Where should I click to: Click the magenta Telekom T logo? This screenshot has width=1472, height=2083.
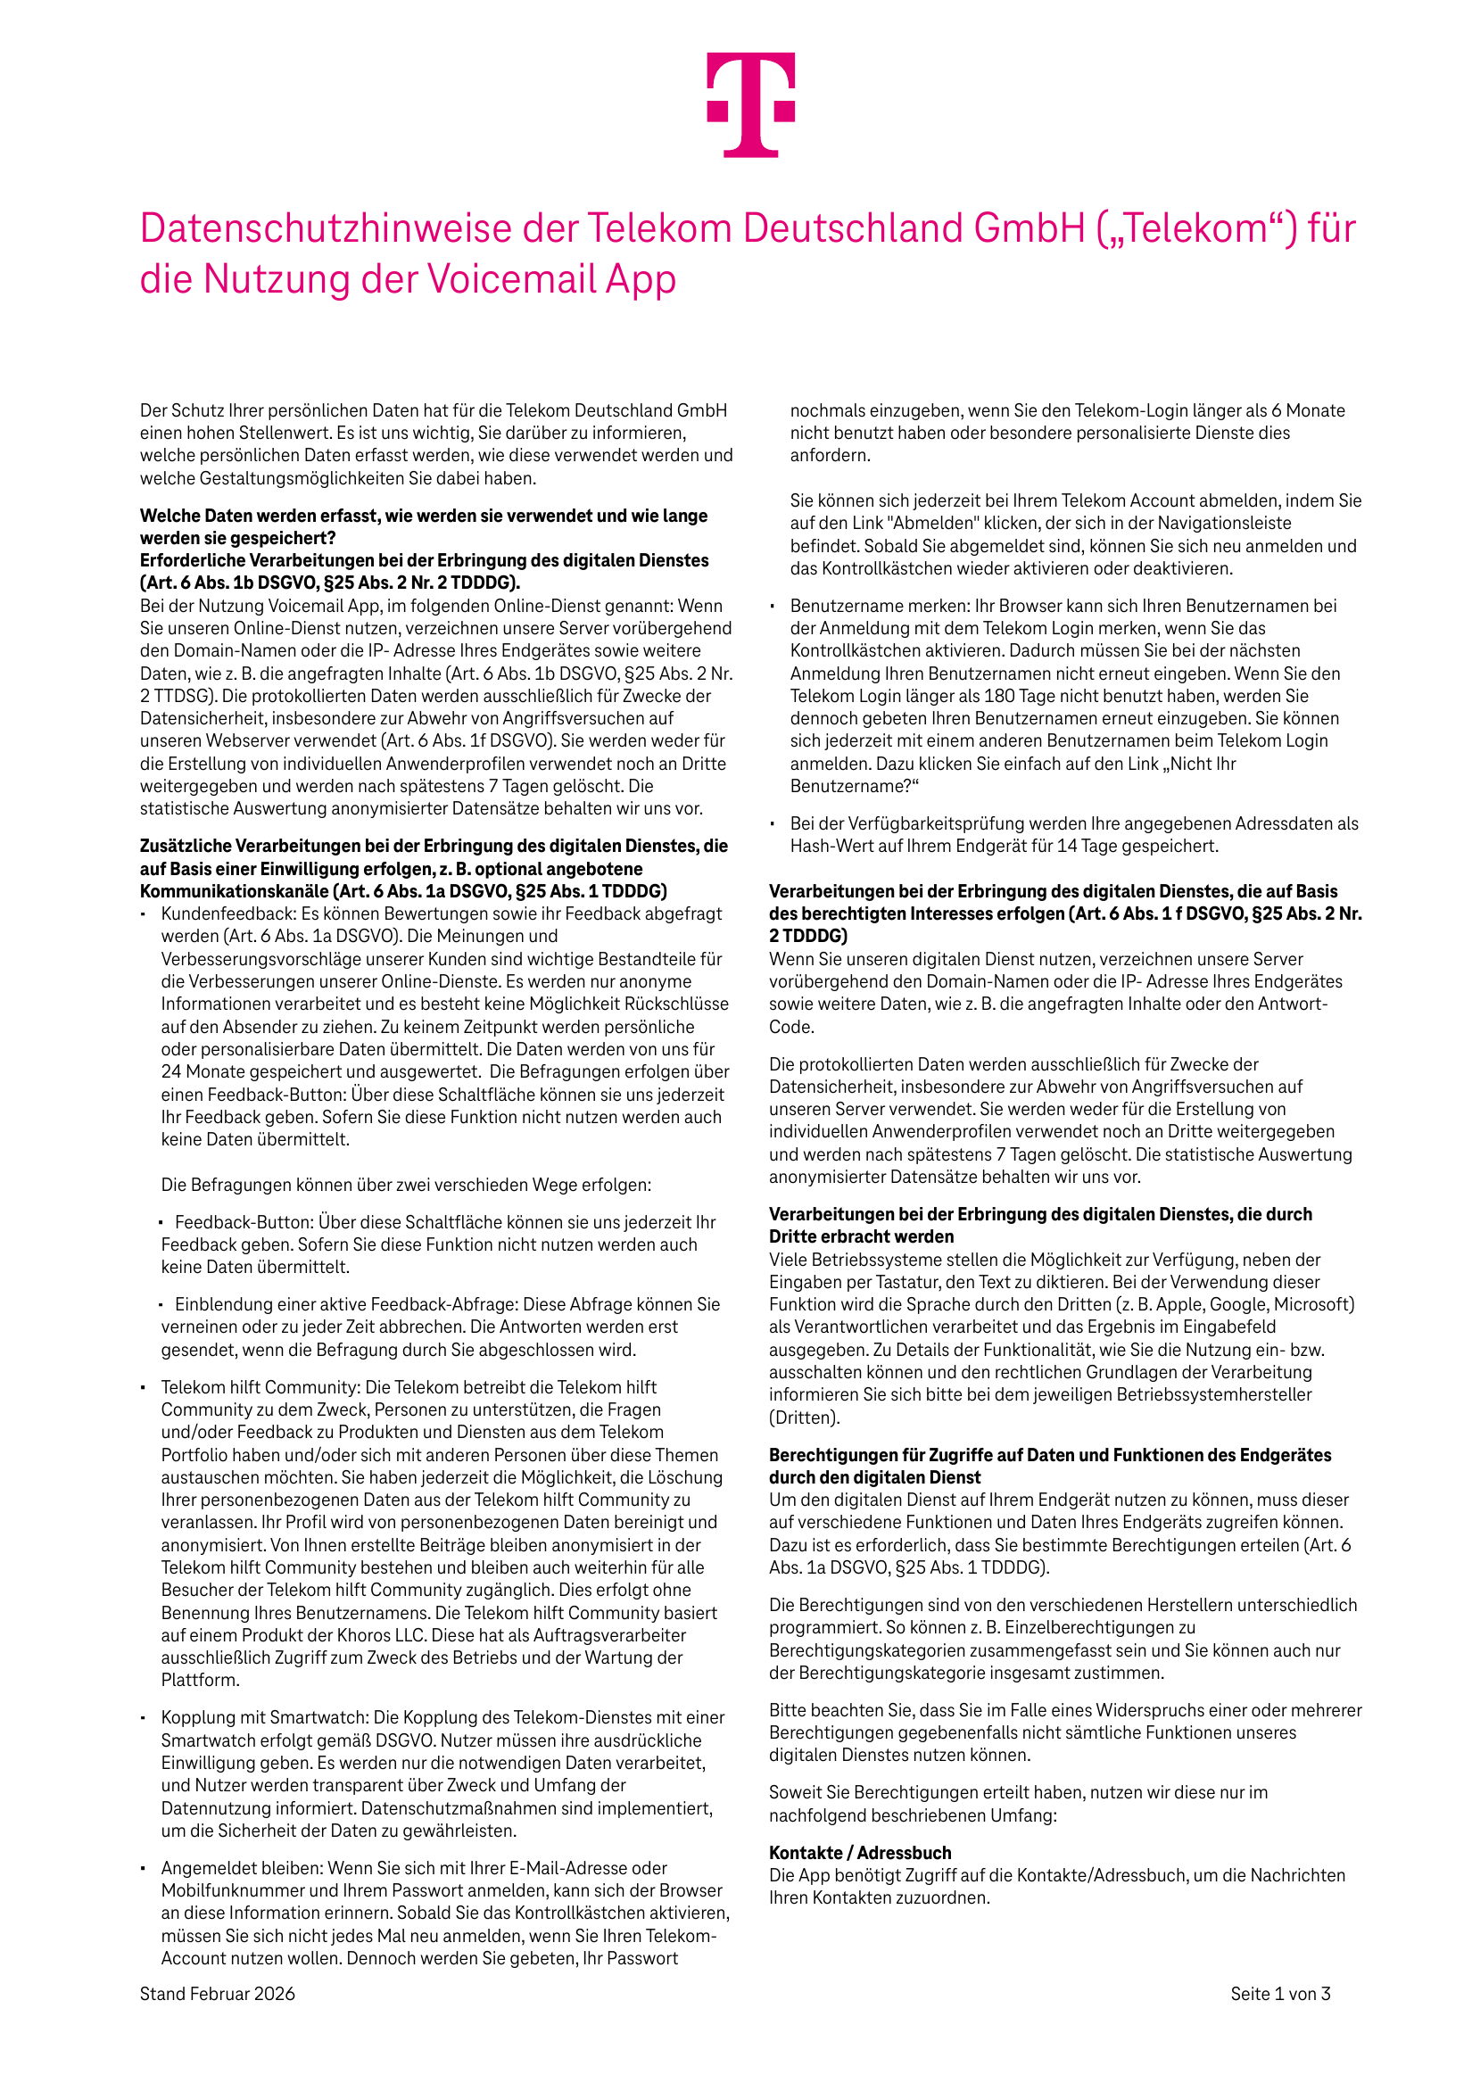[750, 103]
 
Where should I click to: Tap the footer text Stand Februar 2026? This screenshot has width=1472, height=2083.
[217, 1993]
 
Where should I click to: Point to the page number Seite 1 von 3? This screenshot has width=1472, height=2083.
[1279, 1993]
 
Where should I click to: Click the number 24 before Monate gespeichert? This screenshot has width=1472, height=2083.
[171, 1071]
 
